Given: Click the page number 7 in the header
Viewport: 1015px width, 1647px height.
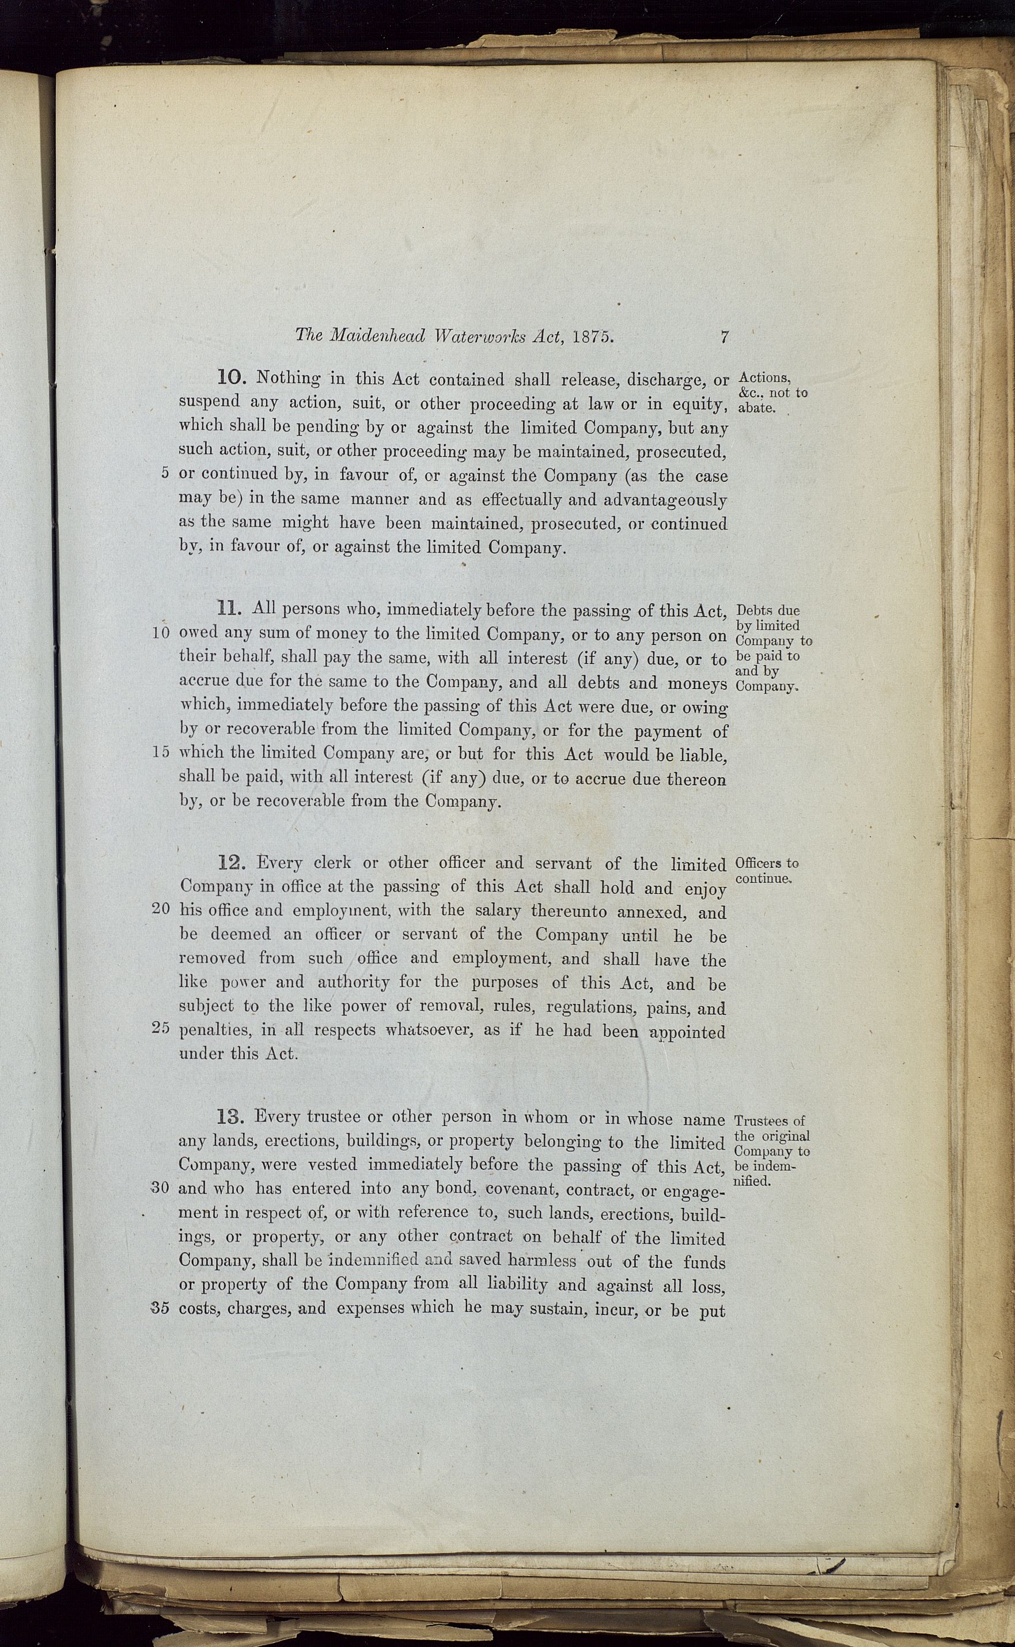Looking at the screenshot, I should point(724,337).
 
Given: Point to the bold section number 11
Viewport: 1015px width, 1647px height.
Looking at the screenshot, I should point(230,609).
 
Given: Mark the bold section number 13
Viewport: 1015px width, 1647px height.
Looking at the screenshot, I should point(232,1117).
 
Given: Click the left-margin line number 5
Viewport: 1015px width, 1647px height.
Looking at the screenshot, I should point(165,473).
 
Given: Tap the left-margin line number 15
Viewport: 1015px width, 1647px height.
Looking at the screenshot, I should point(161,752).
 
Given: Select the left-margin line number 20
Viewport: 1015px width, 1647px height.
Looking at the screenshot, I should point(161,911).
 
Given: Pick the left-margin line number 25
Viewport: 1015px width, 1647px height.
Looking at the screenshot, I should point(161,1028).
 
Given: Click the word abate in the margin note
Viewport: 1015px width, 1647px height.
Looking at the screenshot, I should point(756,407).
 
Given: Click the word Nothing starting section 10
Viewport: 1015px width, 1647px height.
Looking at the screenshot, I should point(289,379).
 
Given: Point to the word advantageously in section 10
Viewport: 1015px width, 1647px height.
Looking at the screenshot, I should point(665,500).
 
